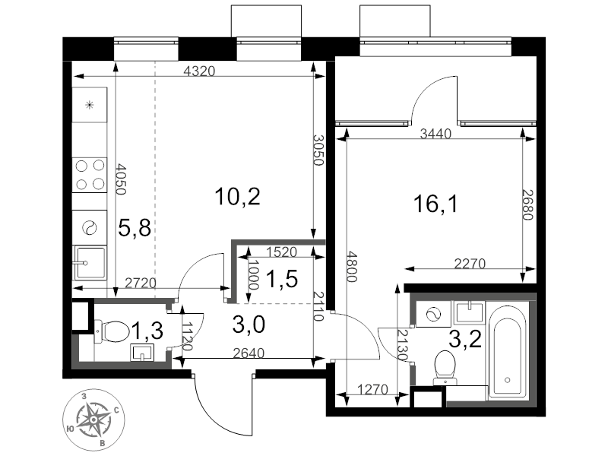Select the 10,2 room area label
(x=237, y=198)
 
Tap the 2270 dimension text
(x=469, y=264)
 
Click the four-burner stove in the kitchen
(x=89, y=175)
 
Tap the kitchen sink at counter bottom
(x=89, y=263)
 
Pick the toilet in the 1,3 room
(x=113, y=332)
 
